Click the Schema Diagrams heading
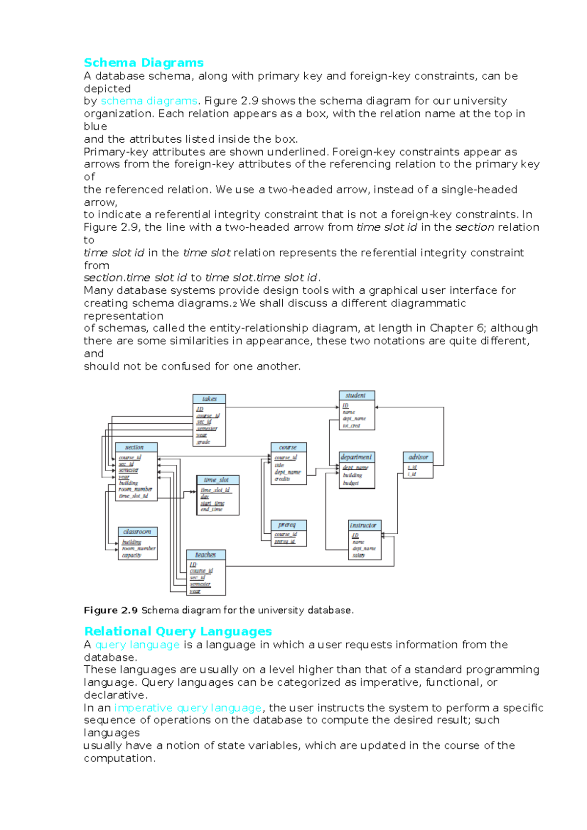pyautogui.click(x=143, y=63)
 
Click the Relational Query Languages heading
pyautogui.click(x=178, y=631)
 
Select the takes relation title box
pyautogui.click(x=209, y=399)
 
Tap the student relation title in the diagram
pyautogui.click(x=356, y=395)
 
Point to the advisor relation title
pyautogui.click(x=418, y=457)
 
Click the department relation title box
pyautogui.click(x=357, y=457)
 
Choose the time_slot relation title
pyautogui.click(x=217, y=480)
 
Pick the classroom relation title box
pyautogui.click(x=137, y=531)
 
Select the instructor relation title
pyautogui.click(x=363, y=525)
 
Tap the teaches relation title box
pyautogui.click(x=205, y=555)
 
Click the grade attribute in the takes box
pyautogui.click(x=203, y=442)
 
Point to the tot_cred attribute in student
pyautogui.click(x=351, y=426)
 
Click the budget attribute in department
pyautogui.click(x=351, y=483)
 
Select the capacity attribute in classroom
pyautogui.click(x=132, y=555)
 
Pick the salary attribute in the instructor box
pyautogui.click(x=359, y=555)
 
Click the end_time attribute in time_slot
pyautogui.click(x=212, y=509)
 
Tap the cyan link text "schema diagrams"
pyautogui.click(x=149, y=101)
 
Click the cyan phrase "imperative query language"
pyautogui.click(x=188, y=707)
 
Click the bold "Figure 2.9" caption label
pyautogui.click(x=111, y=610)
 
